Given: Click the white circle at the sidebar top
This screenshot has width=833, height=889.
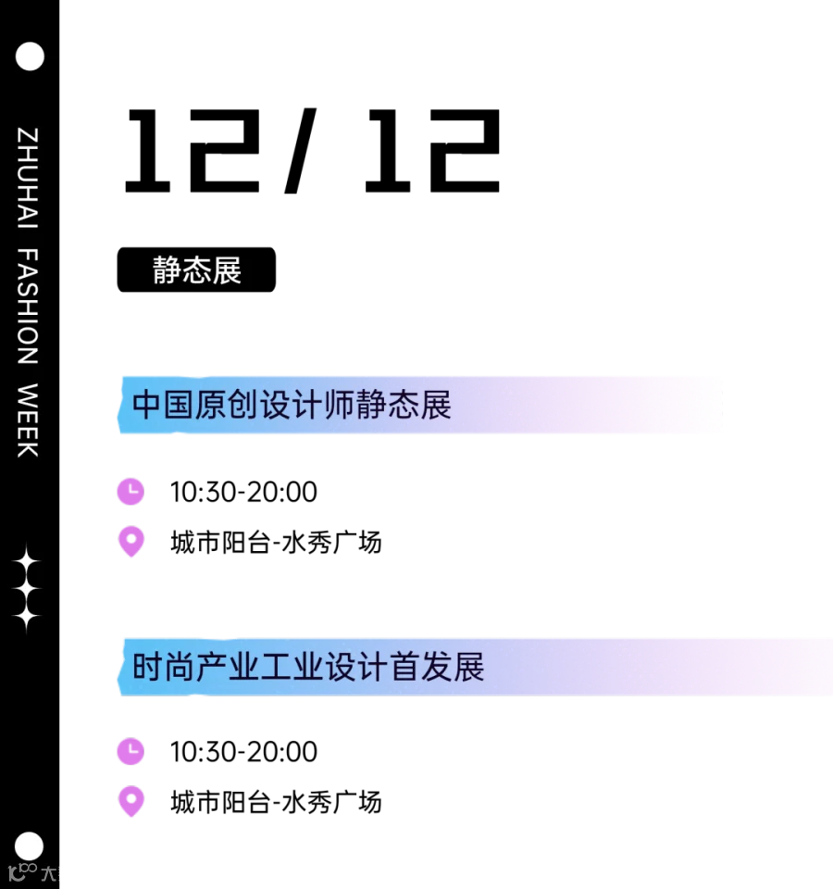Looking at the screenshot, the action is [30, 56].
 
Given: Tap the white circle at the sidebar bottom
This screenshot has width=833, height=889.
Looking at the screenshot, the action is [29, 846].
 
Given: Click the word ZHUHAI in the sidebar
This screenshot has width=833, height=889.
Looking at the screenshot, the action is [28, 178].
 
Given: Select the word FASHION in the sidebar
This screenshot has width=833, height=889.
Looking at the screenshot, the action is [28, 307].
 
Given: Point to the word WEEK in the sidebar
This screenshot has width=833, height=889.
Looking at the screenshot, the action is [28, 420].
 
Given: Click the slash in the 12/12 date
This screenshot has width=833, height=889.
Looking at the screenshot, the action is [300, 150].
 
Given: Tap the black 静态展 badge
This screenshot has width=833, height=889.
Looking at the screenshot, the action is [196, 269].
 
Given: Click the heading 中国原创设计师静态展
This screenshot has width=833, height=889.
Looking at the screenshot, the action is [292, 405].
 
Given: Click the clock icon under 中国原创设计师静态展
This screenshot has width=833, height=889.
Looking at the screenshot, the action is [131, 491].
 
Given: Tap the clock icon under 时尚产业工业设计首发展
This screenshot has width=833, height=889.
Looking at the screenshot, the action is [131, 751].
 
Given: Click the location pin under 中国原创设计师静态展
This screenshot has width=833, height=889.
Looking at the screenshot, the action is [131, 542].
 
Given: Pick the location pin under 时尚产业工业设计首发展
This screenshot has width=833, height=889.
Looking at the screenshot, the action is [131, 802].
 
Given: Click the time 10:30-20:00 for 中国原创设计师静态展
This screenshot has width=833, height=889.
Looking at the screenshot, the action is [243, 492].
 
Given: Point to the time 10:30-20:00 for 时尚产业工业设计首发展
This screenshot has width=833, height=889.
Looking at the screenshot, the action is [243, 752].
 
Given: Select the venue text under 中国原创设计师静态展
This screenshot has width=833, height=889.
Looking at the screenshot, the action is [276, 543].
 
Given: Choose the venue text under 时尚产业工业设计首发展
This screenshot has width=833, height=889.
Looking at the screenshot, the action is [276, 802].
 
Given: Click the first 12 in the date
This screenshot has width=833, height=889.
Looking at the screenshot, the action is [193, 151].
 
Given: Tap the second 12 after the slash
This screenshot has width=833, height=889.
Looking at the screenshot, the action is [432, 151].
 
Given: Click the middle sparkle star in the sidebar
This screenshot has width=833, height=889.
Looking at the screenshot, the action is [26, 590].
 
